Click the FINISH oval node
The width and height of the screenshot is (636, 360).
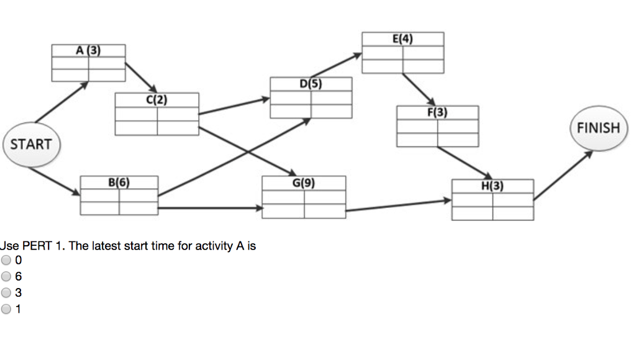click(598, 128)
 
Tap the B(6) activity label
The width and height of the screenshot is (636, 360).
click(119, 182)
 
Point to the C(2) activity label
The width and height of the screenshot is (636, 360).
click(157, 99)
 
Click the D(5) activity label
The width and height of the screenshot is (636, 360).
click(311, 83)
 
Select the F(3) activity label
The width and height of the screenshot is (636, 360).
click(437, 112)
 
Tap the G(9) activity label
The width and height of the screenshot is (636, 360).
click(304, 182)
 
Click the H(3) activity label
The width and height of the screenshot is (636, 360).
click(493, 186)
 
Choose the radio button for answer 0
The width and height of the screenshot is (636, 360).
click(7, 260)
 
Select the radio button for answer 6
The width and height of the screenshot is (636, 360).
click(7, 276)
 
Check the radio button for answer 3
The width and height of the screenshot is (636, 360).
click(7, 292)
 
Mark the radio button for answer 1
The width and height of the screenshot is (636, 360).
click(7, 308)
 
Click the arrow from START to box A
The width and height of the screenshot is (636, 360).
click(61, 102)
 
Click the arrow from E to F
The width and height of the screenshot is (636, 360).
click(418, 89)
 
